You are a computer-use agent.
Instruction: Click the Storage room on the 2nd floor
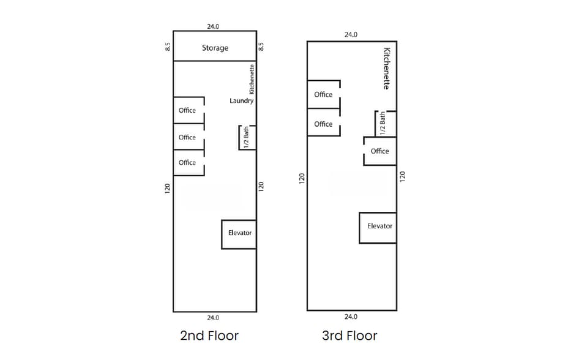pyautogui.click(x=215, y=48)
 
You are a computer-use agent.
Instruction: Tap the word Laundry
pyautogui.click(x=241, y=100)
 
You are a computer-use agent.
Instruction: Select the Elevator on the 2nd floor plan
pyautogui.click(x=239, y=233)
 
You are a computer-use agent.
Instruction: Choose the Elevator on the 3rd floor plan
pyautogui.click(x=379, y=227)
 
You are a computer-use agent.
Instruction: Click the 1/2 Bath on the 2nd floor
pyautogui.click(x=246, y=138)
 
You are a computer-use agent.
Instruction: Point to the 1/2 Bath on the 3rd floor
pyautogui.click(x=383, y=123)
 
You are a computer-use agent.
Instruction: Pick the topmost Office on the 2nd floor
pyautogui.click(x=187, y=110)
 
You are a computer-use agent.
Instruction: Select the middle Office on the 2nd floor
pyautogui.click(x=187, y=137)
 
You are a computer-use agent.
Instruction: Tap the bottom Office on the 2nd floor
pyautogui.click(x=187, y=162)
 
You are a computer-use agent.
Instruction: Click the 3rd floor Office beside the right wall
pyautogui.click(x=379, y=151)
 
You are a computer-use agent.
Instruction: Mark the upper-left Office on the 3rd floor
pyautogui.click(x=323, y=94)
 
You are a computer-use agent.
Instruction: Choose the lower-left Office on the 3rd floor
pyautogui.click(x=323, y=124)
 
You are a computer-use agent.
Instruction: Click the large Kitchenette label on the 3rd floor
pyautogui.click(x=386, y=68)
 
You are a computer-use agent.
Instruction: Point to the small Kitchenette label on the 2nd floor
pyautogui.click(x=252, y=79)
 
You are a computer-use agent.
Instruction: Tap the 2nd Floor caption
pyautogui.click(x=209, y=336)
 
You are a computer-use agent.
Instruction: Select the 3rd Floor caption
pyautogui.click(x=349, y=336)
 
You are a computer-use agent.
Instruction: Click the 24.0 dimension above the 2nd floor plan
pyautogui.click(x=213, y=26)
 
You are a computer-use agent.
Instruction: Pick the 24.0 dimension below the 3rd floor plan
pyautogui.click(x=351, y=317)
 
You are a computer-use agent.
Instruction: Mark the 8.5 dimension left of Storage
pyautogui.click(x=168, y=46)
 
